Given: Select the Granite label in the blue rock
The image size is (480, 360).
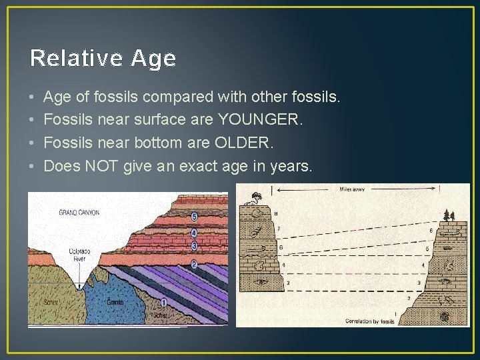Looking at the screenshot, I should (115, 301).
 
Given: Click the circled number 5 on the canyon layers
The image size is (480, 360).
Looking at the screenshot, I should (194, 217).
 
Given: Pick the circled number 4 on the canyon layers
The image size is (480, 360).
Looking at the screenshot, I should (194, 233).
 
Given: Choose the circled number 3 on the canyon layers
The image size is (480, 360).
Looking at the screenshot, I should (194, 246).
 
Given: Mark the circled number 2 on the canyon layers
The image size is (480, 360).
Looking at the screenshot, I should (194, 265).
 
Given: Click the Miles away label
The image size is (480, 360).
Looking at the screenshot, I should (351, 189).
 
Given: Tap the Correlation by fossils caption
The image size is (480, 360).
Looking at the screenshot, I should (369, 321).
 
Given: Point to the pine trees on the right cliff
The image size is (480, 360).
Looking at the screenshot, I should (449, 215).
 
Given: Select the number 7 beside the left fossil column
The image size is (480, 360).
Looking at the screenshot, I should (278, 229).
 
